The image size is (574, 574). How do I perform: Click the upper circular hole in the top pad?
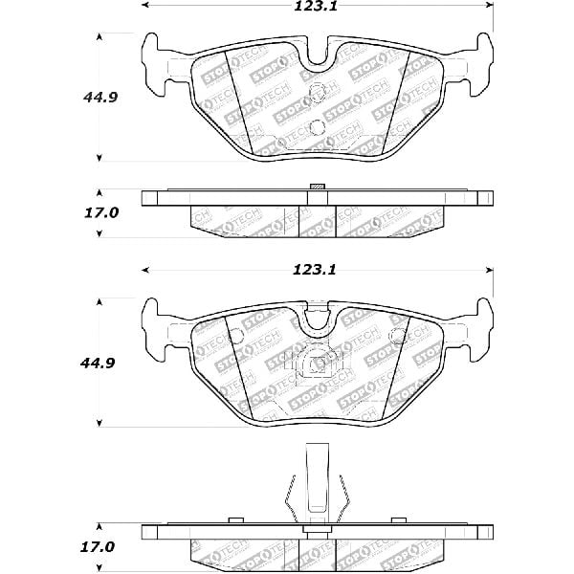[318, 95]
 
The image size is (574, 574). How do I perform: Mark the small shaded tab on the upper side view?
[318, 187]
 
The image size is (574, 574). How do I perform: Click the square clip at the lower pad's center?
[318, 365]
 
